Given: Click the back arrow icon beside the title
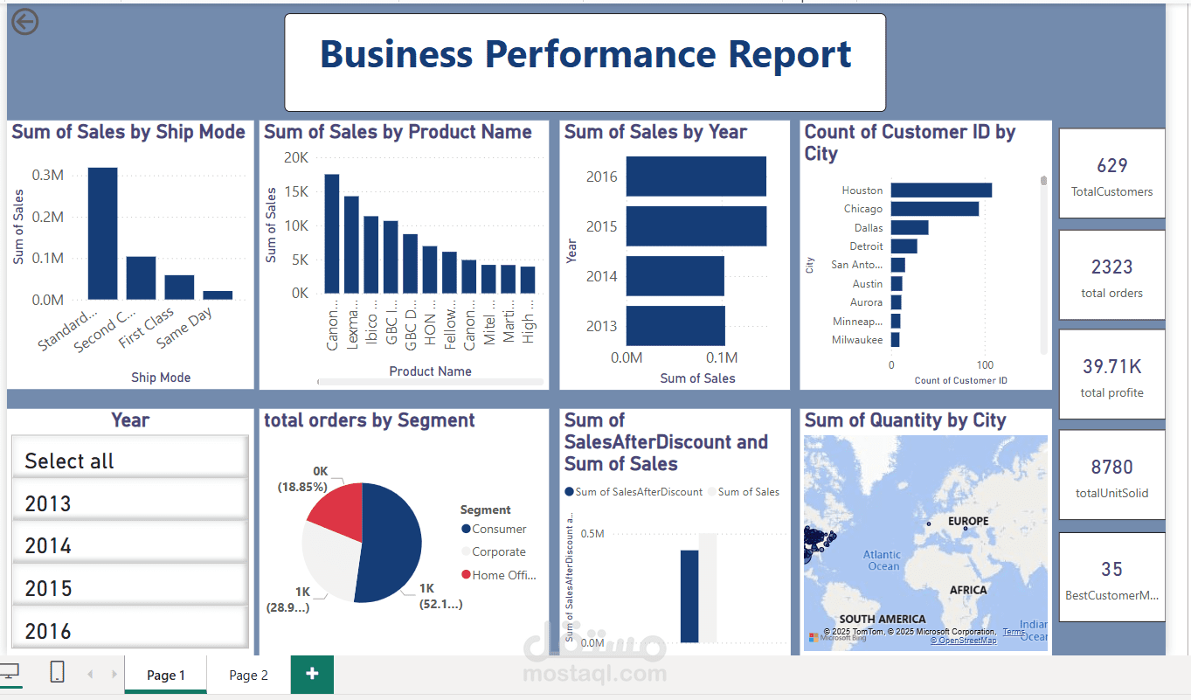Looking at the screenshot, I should click(24, 22).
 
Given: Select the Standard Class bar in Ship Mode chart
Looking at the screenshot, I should click(102, 233).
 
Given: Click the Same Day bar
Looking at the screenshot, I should click(218, 295).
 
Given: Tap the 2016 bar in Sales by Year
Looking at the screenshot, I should click(696, 177).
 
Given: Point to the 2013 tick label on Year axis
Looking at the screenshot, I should click(601, 326).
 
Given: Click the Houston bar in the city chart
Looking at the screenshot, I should click(941, 191).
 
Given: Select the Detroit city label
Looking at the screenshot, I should click(867, 246).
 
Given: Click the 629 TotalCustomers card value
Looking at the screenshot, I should click(1111, 166).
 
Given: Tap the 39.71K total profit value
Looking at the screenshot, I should click(1111, 366).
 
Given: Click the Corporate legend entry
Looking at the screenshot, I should click(498, 552).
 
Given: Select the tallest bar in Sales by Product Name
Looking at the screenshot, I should click(332, 233).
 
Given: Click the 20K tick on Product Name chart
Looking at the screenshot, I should click(296, 157).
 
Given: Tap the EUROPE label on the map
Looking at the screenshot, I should click(968, 522).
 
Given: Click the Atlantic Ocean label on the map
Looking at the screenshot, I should click(883, 560).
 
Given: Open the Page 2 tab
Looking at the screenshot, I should click(248, 676).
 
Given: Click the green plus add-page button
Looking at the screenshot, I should click(312, 674).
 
